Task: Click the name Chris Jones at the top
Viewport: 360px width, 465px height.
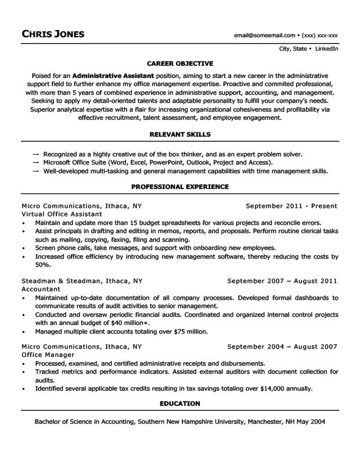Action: [x=53, y=34]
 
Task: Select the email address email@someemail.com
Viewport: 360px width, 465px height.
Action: [x=264, y=35]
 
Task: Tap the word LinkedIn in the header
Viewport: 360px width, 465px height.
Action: [x=327, y=49]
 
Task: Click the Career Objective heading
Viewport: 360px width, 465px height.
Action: [x=179, y=63]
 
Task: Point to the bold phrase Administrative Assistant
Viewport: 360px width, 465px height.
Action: [x=113, y=76]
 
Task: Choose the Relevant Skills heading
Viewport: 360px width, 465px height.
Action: [x=179, y=134]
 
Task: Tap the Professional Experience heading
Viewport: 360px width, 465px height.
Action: [x=179, y=187]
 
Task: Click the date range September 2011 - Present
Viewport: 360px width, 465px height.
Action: [x=291, y=206]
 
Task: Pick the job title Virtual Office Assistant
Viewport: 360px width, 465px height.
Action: [x=60, y=214]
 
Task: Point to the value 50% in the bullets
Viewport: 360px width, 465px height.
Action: [x=42, y=264]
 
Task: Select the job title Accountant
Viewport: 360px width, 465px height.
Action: [x=41, y=289]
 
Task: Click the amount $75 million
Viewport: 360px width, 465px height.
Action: [x=187, y=331]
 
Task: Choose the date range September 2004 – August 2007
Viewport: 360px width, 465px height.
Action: [x=282, y=346]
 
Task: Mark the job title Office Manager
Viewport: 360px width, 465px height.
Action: [x=48, y=355]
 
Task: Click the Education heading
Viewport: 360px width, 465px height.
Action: [x=179, y=403]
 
